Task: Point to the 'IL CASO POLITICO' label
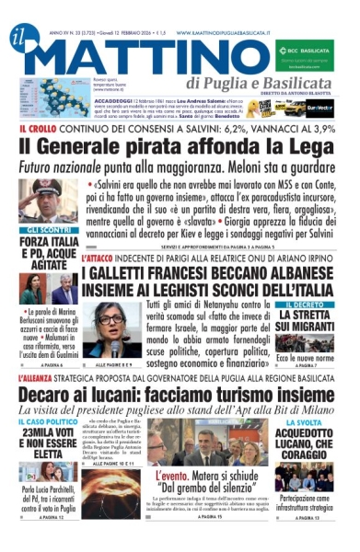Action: coord(44,421)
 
